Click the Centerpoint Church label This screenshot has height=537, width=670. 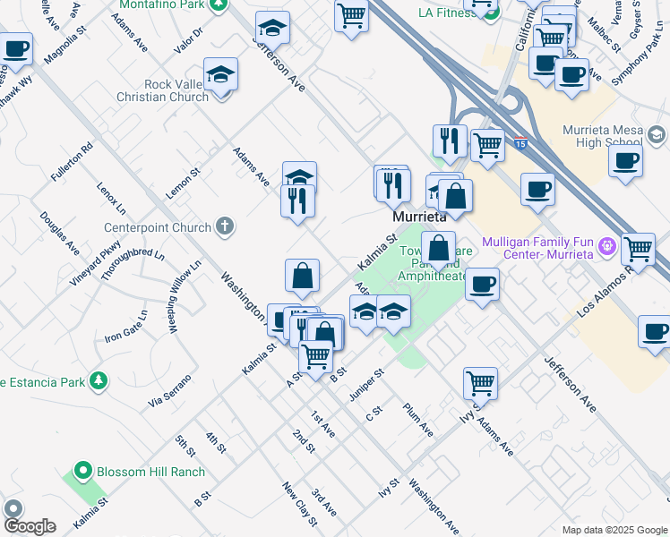pyautogui.click(x=157, y=227)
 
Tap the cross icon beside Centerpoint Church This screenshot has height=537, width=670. pyautogui.click(x=226, y=227)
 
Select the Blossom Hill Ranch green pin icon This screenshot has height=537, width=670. pyautogui.click(x=83, y=470)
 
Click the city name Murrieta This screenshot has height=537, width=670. pyautogui.click(x=419, y=217)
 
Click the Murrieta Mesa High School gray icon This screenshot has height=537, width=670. pyautogui.click(x=656, y=135)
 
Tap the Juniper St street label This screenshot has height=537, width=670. pyautogui.click(x=367, y=382)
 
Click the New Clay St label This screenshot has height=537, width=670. pyautogui.click(x=300, y=503)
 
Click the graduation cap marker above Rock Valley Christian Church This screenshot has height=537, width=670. pyautogui.click(x=220, y=76)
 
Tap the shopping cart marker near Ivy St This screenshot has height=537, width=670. pyautogui.click(x=481, y=383)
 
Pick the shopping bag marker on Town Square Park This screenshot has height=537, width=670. pyautogui.click(x=439, y=249)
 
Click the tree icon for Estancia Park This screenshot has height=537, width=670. pyautogui.click(x=98, y=382)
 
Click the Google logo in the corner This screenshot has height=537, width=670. pyautogui.click(x=30, y=526)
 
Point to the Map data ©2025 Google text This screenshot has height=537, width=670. pyautogui.click(x=613, y=530)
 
